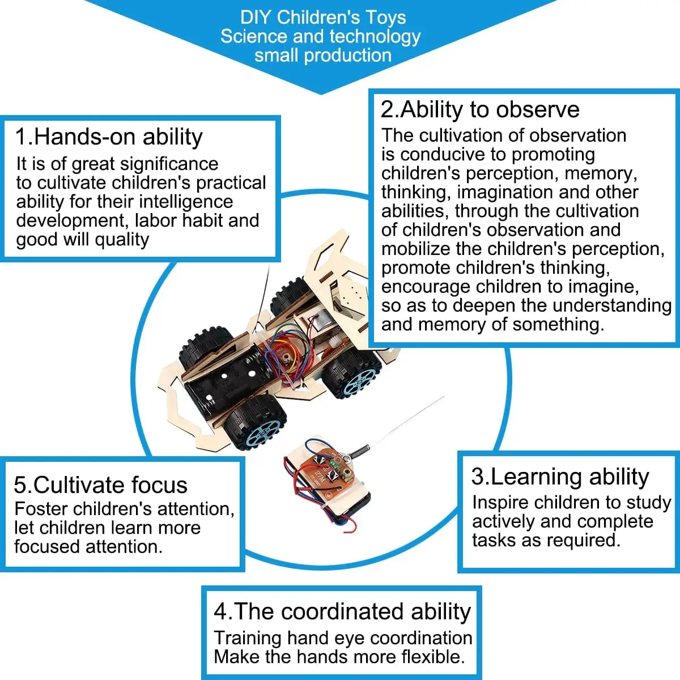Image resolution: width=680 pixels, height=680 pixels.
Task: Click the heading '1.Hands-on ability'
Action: pos(109,137)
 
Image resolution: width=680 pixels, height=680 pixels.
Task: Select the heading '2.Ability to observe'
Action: pos(480,109)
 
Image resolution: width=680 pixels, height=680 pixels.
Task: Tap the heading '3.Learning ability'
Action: pos(560,477)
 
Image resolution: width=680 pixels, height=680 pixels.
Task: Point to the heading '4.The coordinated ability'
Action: pos(342,611)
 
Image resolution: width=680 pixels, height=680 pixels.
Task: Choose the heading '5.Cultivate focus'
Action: pos(100,485)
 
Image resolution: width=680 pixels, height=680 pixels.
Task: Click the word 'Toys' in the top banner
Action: pos(385,17)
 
